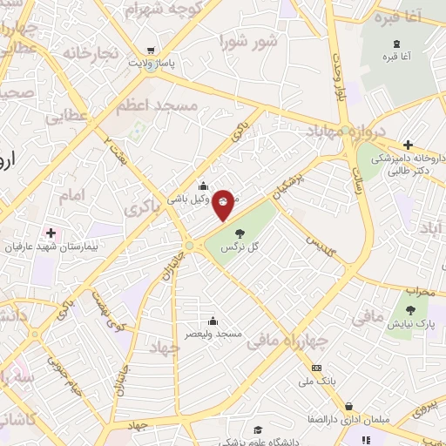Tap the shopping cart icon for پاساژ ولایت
(x=152, y=51)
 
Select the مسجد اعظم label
(x=158, y=105)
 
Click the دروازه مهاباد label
(x=344, y=131)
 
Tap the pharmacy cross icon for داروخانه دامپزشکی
(x=408, y=145)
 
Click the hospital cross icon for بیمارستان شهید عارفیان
(x=51, y=233)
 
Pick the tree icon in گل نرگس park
(x=240, y=232)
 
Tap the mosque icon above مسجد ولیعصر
(x=213, y=321)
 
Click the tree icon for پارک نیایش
(x=410, y=309)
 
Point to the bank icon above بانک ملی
(x=316, y=368)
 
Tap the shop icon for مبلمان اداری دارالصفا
(x=349, y=406)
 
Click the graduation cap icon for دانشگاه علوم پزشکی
(x=257, y=429)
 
